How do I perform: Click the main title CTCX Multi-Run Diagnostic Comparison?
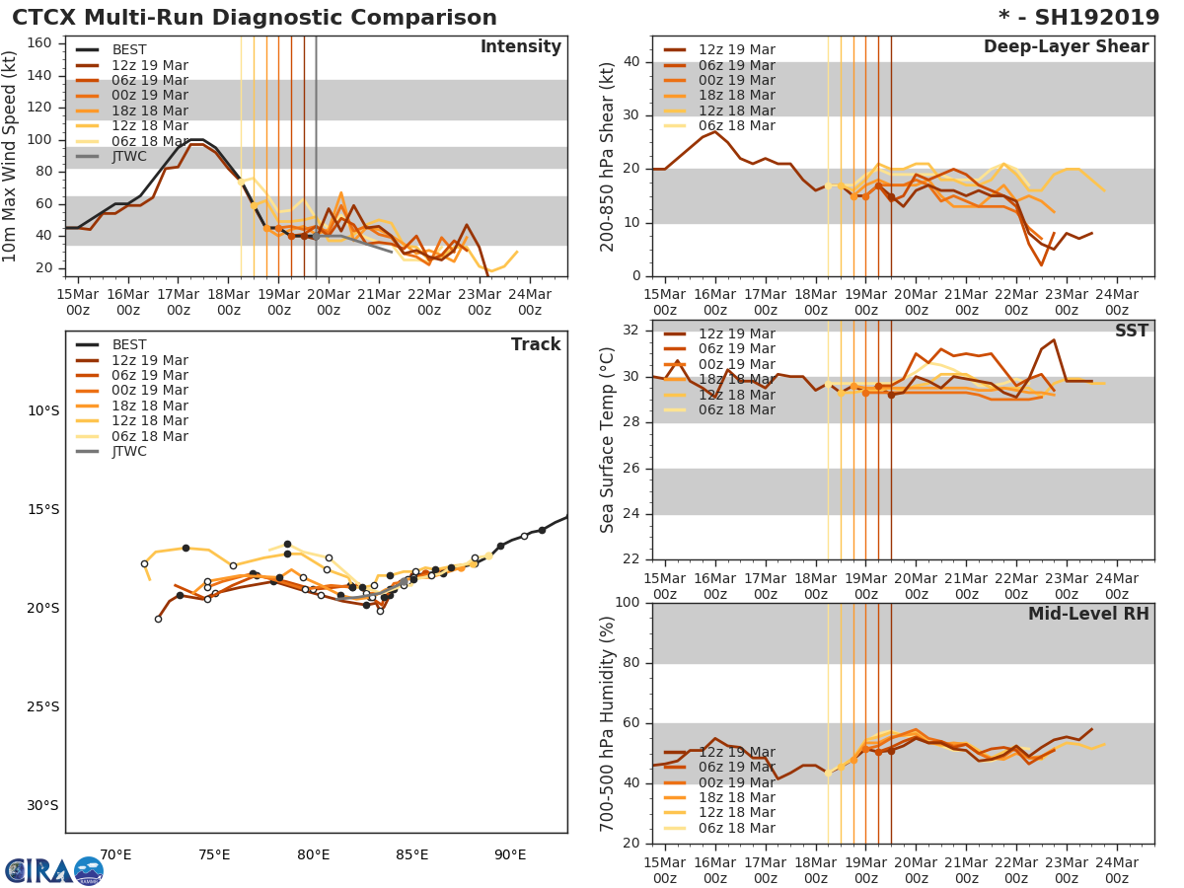255,18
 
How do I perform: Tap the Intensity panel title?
520,47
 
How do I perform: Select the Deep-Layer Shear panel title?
1066,47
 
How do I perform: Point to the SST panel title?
1131,332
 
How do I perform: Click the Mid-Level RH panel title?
1088,615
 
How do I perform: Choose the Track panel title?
535,344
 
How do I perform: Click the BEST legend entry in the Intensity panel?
129,50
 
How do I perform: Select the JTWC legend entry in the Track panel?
129,452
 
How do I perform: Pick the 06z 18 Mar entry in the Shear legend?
736,126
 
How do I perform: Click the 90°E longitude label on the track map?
510,855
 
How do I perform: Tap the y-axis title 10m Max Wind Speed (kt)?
11,156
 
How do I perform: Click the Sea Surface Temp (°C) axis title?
608,440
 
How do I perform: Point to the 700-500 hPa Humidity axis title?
608,723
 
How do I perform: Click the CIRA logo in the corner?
53,871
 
